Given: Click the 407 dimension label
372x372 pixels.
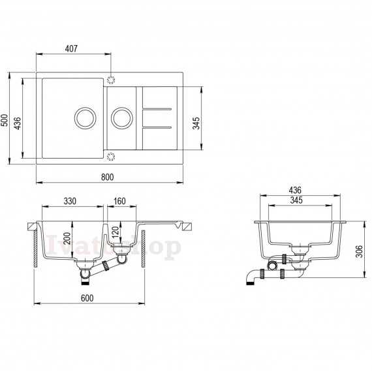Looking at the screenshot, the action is click(71, 49).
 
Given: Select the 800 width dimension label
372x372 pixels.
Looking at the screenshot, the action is click(108, 177).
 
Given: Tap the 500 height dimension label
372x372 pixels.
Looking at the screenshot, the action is click(5, 120).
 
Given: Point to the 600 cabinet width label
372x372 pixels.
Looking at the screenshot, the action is click(87, 298).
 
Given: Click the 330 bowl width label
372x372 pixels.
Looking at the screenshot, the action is click(70, 201).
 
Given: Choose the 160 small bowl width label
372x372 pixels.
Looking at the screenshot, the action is click(119, 201).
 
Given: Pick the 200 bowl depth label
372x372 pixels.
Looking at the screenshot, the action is click(67, 238).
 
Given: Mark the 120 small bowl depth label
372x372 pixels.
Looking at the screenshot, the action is click(115, 232).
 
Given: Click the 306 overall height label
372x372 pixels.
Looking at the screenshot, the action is click(360, 251).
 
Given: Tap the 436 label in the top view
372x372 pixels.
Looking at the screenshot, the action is click(18, 123).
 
